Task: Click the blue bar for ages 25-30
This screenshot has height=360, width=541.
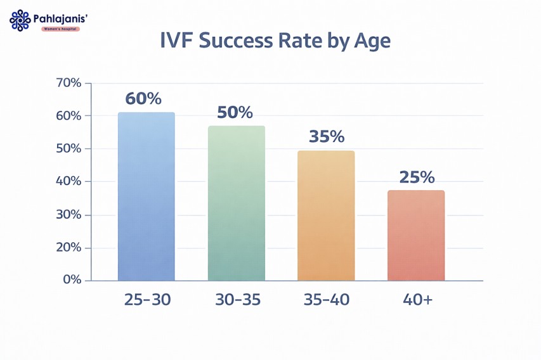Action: click(146, 196)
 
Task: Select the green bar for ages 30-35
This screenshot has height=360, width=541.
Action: click(236, 203)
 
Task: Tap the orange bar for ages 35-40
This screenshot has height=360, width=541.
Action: click(326, 215)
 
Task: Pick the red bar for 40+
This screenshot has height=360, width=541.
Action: click(416, 235)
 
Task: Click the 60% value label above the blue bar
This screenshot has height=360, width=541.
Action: click(143, 99)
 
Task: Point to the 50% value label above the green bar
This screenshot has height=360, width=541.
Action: click(235, 113)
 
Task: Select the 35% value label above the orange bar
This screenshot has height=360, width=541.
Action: click(326, 137)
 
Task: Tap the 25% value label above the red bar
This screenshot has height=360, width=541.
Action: click(417, 177)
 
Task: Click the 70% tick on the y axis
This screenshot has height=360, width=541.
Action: click(68, 83)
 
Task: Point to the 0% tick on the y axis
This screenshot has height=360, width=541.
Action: click(72, 280)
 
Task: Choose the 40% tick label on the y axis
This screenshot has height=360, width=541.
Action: click(68, 182)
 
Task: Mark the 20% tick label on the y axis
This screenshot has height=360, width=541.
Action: click(68, 247)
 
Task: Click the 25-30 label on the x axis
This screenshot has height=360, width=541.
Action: click(147, 300)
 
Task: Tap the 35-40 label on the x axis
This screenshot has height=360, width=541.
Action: click(326, 300)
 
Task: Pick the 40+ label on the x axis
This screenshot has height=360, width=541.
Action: click(417, 300)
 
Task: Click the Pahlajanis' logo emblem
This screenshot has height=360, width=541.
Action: click(20, 20)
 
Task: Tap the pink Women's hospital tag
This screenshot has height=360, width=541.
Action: click(60, 29)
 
